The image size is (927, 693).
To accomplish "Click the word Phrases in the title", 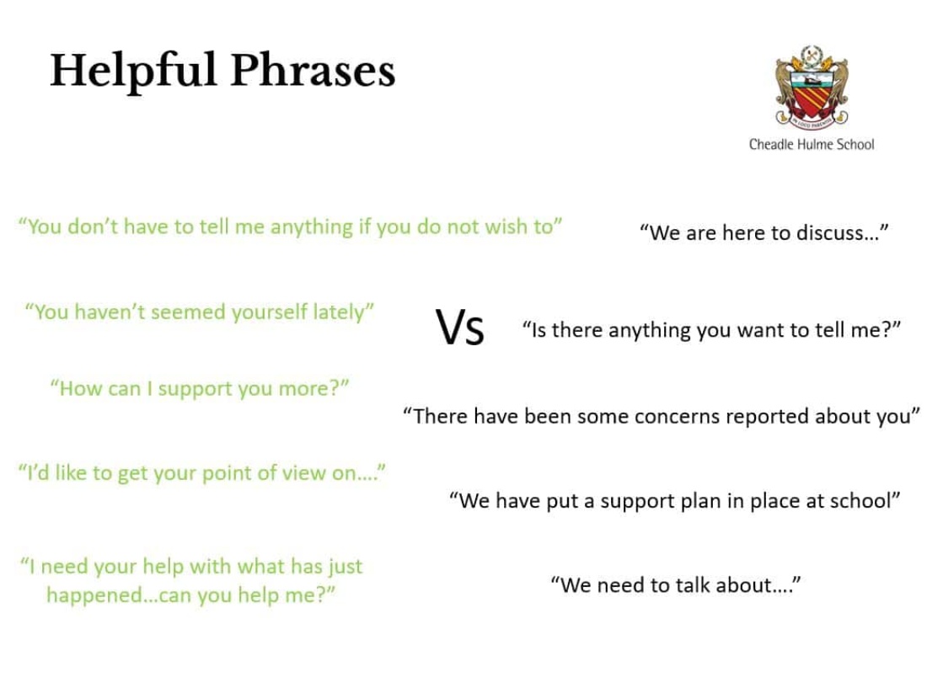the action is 313,70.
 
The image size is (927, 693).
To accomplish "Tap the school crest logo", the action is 812,86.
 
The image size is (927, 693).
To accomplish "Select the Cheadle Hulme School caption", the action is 812,144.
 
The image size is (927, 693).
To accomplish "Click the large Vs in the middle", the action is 460,328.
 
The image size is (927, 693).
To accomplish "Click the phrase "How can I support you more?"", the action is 200,389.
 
